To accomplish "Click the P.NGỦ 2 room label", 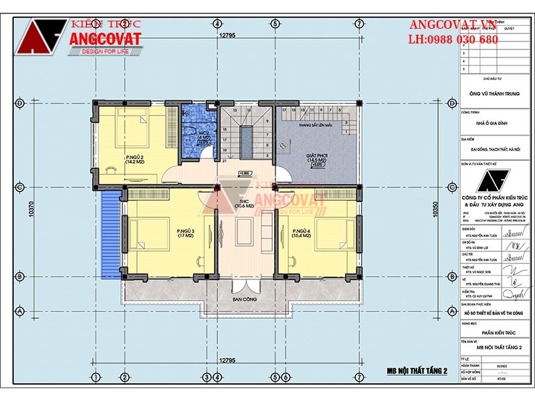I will click(134, 158).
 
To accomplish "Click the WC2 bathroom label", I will click(204, 136).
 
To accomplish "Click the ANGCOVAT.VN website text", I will click(453, 25).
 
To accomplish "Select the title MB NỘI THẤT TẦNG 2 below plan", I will click(416, 371).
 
